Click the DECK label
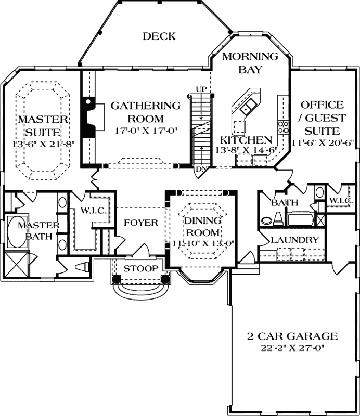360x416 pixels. click(x=159, y=36)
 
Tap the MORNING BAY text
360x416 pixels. click(x=243, y=62)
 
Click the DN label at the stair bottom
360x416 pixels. click(x=200, y=170)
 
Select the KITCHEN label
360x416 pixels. click(x=246, y=140)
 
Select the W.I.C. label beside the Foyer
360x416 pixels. click(x=94, y=211)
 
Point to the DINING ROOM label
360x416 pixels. click(x=201, y=226)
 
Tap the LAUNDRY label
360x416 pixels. click(x=294, y=240)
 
